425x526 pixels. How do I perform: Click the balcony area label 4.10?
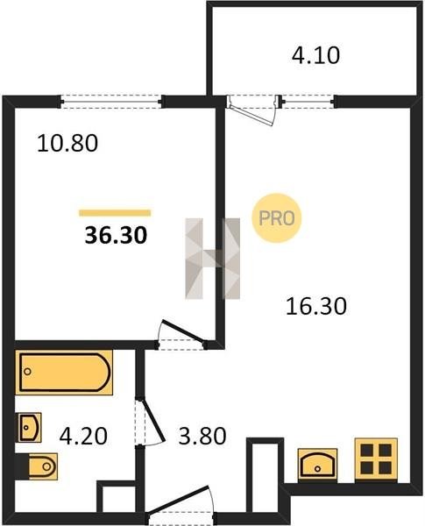point(315,55)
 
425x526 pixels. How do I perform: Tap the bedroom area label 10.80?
point(67,143)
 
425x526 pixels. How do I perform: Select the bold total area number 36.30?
point(116,235)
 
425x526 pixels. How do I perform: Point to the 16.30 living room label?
point(316,306)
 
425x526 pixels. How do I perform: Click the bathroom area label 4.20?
point(83,436)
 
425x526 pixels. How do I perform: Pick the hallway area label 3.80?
point(202,436)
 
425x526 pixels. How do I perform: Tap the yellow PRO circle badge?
point(277,218)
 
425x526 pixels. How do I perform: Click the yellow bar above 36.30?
point(115,213)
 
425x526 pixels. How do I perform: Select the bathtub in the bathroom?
point(64,373)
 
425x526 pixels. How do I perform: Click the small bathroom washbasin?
point(29,428)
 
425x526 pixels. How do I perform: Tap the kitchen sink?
point(317,464)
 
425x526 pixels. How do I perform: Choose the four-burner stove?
point(376,458)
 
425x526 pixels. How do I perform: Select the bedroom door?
point(183,331)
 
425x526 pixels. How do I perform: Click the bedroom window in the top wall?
point(111,102)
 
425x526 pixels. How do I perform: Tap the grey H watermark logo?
point(213,259)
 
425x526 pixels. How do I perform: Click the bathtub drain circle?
point(28,372)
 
